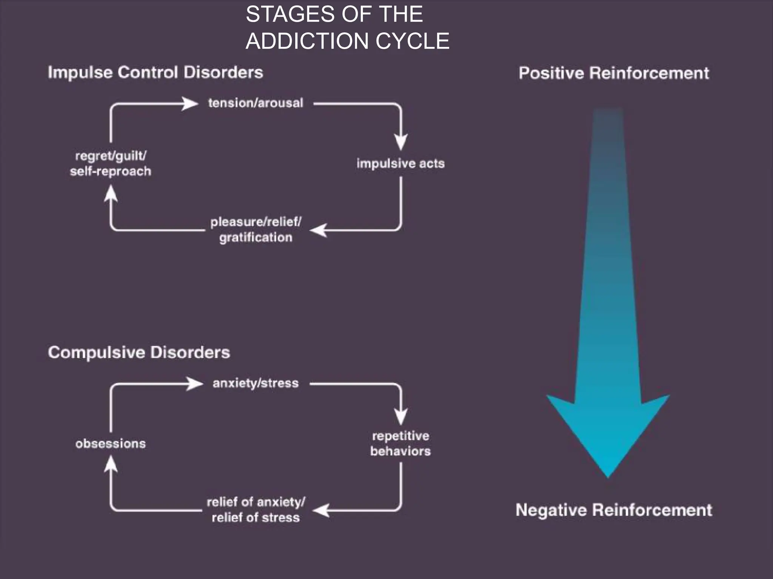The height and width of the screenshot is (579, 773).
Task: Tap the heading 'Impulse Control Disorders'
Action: pyautogui.click(x=155, y=72)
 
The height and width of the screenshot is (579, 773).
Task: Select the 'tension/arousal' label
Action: pyautogui.click(x=256, y=103)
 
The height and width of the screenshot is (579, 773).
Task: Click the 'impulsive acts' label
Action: pyautogui.click(x=400, y=163)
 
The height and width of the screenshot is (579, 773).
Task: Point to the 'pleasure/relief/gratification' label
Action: pyautogui.click(x=256, y=229)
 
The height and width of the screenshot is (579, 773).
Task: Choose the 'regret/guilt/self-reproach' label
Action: pyautogui.click(x=110, y=163)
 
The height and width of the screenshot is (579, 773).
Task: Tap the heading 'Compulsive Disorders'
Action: pyautogui.click(x=139, y=352)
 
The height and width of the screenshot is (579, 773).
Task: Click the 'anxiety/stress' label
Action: pyautogui.click(x=256, y=383)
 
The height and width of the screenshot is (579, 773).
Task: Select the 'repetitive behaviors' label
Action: pyautogui.click(x=400, y=443)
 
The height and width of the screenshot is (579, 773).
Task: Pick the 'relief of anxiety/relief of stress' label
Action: pyautogui.click(x=256, y=510)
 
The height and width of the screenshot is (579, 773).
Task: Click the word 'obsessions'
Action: pyautogui.click(x=110, y=443)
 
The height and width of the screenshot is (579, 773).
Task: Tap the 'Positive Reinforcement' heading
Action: pyautogui.click(x=614, y=73)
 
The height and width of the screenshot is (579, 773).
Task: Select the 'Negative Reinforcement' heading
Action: pyautogui.click(x=614, y=510)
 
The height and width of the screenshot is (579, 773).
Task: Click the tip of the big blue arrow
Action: pyautogui.click(x=608, y=476)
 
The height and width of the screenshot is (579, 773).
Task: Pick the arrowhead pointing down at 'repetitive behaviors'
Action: pyautogui.click(x=401, y=417)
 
